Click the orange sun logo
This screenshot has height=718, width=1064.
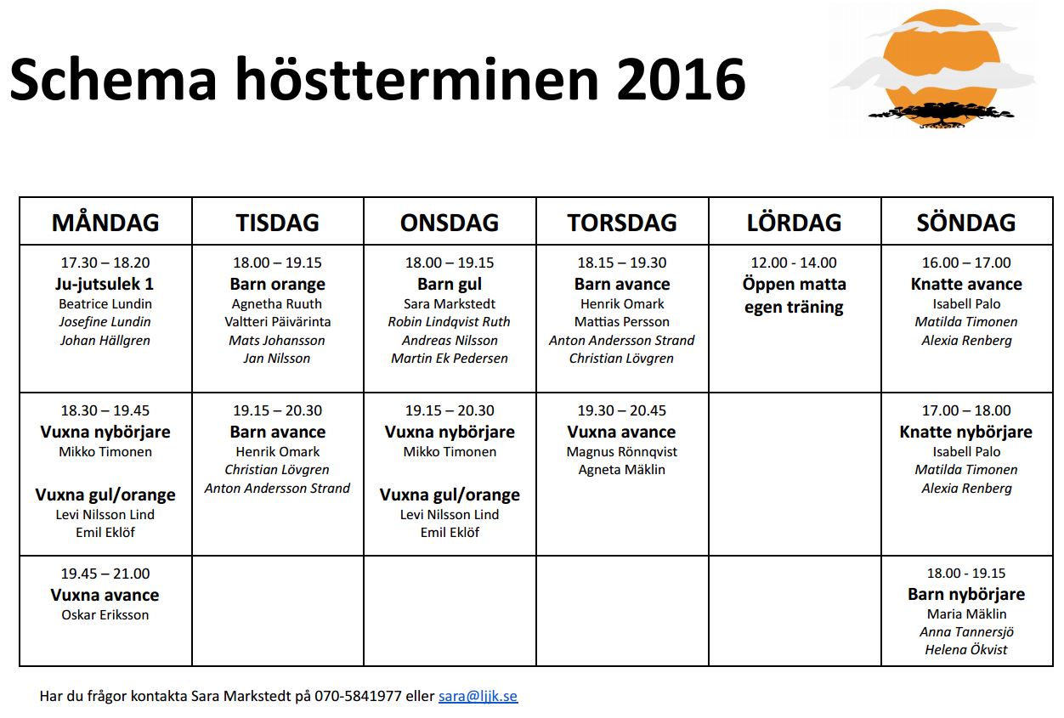coord(933,68)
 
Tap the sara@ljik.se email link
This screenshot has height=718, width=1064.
coord(478,696)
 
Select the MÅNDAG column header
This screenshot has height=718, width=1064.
coord(105,223)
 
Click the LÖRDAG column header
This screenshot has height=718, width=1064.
coord(794,223)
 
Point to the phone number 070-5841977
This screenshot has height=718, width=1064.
coord(358,696)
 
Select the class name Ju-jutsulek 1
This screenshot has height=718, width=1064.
coord(105,284)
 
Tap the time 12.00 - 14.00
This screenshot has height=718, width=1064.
coord(794,263)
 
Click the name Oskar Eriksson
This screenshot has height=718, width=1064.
coord(105,614)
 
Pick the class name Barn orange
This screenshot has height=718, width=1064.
coord(278,284)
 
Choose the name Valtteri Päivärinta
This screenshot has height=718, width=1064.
coord(278,322)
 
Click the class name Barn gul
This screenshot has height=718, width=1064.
coord(450,284)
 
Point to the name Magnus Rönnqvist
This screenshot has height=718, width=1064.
coord(622,451)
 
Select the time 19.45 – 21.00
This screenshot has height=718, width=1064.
coord(105,574)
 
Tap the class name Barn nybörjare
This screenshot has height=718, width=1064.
coord(966,594)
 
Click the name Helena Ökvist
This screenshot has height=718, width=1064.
coord(966,649)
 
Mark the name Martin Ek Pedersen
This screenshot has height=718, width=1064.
coord(450,358)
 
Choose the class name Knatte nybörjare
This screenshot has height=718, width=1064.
coord(966,432)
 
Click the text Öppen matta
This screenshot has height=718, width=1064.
coord(794,284)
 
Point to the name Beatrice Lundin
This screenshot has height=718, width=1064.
coord(105,303)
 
